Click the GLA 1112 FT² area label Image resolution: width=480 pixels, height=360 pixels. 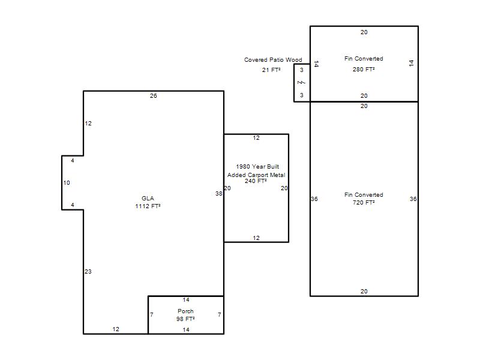(x=148, y=202)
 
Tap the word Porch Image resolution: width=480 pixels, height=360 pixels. (x=185, y=311)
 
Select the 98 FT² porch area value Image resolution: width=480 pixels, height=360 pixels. (x=185, y=319)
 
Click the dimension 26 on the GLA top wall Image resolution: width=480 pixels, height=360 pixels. (x=154, y=96)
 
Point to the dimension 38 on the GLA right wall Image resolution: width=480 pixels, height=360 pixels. (x=219, y=193)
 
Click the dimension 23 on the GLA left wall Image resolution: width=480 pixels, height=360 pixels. (x=88, y=272)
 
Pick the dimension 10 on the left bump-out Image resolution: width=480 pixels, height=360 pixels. (x=67, y=183)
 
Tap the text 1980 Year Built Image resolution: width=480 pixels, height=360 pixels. (x=257, y=167)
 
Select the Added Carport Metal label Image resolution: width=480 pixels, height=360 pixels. (x=256, y=175)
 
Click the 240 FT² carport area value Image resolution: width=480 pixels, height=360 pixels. (x=256, y=181)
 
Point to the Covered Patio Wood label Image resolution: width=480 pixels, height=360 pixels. (x=273, y=59)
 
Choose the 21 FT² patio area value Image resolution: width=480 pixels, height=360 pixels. (x=271, y=70)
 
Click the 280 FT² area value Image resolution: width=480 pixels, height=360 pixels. (x=364, y=70)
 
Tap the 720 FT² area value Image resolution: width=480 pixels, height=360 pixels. (x=364, y=203)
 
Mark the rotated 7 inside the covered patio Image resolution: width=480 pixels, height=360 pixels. (x=301, y=82)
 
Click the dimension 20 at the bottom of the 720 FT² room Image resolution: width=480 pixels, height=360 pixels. (x=364, y=292)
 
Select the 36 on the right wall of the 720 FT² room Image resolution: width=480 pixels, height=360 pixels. (x=413, y=199)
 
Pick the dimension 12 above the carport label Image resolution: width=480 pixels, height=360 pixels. (x=256, y=138)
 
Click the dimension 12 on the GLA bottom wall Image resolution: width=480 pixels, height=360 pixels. (x=116, y=329)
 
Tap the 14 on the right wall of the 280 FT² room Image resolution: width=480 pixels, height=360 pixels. (x=411, y=63)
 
